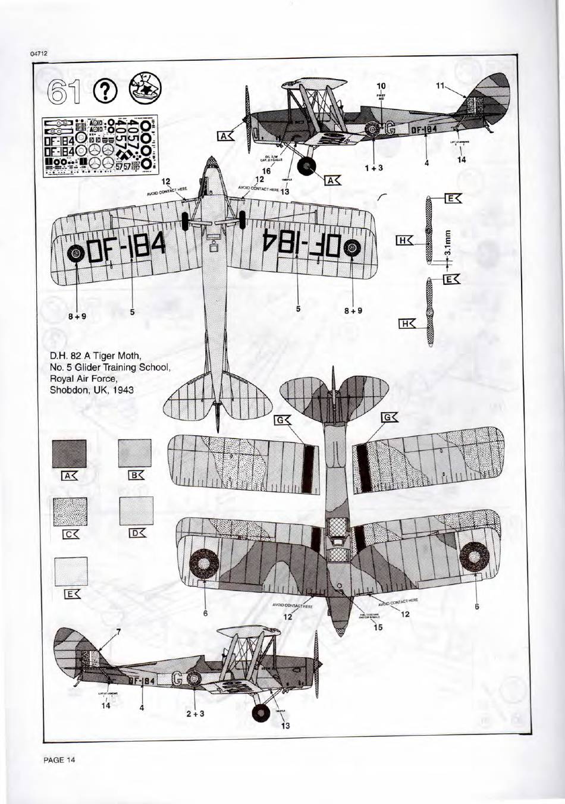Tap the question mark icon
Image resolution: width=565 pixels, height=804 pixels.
105,90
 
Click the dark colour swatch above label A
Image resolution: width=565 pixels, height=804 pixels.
69,454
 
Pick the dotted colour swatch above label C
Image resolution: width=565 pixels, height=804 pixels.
70,512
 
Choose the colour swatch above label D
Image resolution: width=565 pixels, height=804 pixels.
136,511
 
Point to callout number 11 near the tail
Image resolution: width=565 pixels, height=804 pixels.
441,86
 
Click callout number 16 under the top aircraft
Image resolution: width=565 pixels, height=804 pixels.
266,171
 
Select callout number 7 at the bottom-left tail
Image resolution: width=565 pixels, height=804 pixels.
118,632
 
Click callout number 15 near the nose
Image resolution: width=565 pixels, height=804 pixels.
378,627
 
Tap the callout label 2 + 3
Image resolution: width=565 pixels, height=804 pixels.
196,713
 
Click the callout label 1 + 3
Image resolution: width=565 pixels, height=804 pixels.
374,168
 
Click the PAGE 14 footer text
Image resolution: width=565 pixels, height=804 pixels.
59,759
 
